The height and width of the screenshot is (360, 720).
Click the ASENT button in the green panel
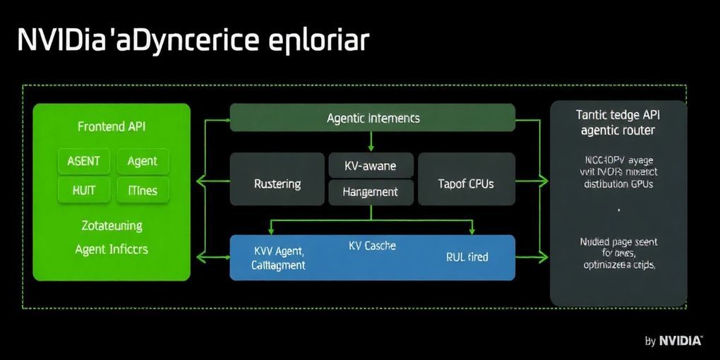click(83, 161)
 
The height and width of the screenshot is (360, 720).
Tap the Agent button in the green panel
click(142, 161)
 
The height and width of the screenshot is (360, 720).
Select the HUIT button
click(83, 190)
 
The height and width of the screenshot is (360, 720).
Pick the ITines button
click(142, 190)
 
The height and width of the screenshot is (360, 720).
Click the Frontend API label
click(112, 127)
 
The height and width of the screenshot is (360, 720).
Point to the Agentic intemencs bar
click(373, 118)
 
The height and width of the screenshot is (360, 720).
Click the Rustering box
click(277, 184)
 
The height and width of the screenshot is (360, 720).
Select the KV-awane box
click(370, 166)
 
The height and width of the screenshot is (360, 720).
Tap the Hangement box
click(370, 191)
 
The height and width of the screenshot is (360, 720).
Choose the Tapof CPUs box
click(466, 184)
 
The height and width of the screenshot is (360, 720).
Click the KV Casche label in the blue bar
click(372, 246)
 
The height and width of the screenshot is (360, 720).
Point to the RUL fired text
click(467, 257)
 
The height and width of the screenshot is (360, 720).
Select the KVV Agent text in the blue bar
click(278, 251)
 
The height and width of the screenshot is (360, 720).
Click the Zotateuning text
click(112, 225)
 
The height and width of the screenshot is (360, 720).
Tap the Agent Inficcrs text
click(112, 248)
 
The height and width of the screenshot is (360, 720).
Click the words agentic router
click(618, 131)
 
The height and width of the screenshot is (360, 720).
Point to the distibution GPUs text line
click(618, 184)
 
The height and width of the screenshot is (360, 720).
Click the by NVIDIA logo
click(673, 341)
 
